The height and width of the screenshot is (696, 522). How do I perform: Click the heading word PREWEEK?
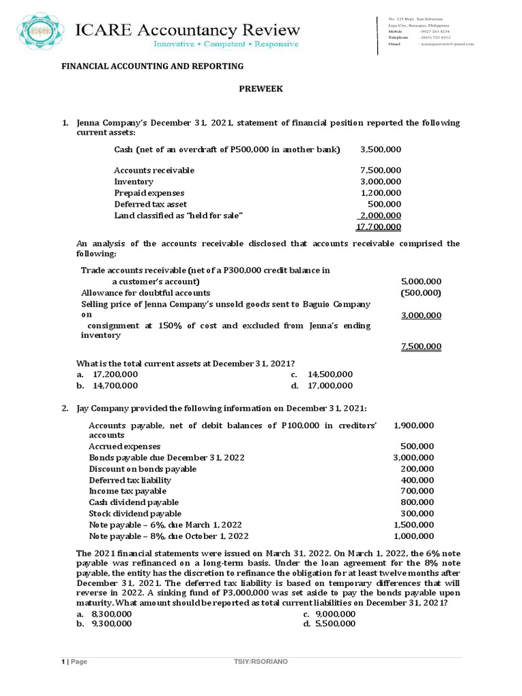[258, 88]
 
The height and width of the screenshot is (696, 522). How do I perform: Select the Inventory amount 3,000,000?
[381, 181]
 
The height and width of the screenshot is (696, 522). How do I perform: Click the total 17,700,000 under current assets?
[379, 227]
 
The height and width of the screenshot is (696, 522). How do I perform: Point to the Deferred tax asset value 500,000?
[385, 204]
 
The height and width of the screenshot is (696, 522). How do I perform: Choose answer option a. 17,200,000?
[107, 375]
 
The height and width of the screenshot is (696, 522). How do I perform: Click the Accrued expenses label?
[124, 447]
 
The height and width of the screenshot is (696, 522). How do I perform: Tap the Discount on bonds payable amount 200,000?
[418, 469]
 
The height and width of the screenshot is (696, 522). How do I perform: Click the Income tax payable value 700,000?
[418, 491]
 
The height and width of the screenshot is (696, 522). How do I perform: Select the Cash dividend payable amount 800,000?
[418, 502]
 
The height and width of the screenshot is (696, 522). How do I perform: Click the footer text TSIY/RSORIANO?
[261, 662]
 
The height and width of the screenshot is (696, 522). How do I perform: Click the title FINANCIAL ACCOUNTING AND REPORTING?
[153, 66]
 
